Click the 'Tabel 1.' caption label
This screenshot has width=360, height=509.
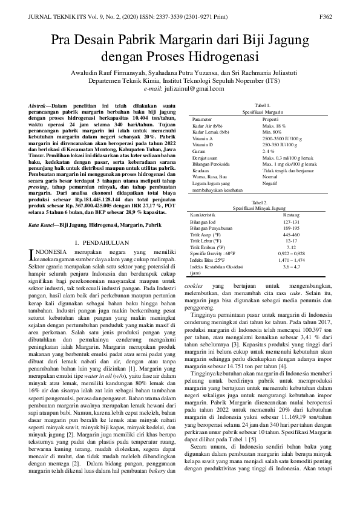(263, 105)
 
